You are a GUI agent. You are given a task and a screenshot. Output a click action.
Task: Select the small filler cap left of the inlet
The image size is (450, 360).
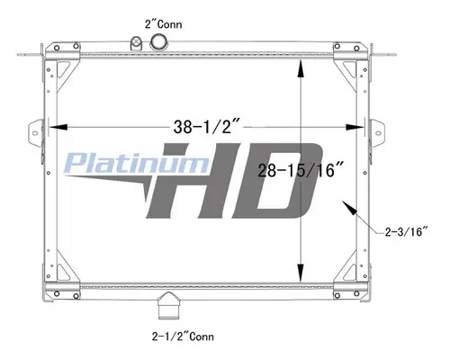[137, 44]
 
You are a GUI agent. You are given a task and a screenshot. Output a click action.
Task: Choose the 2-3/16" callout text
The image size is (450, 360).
[402, 233]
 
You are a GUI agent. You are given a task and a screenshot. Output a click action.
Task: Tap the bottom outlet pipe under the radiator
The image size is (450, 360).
[166, 307]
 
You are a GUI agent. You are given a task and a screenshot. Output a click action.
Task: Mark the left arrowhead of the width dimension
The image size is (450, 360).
[62, 125]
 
